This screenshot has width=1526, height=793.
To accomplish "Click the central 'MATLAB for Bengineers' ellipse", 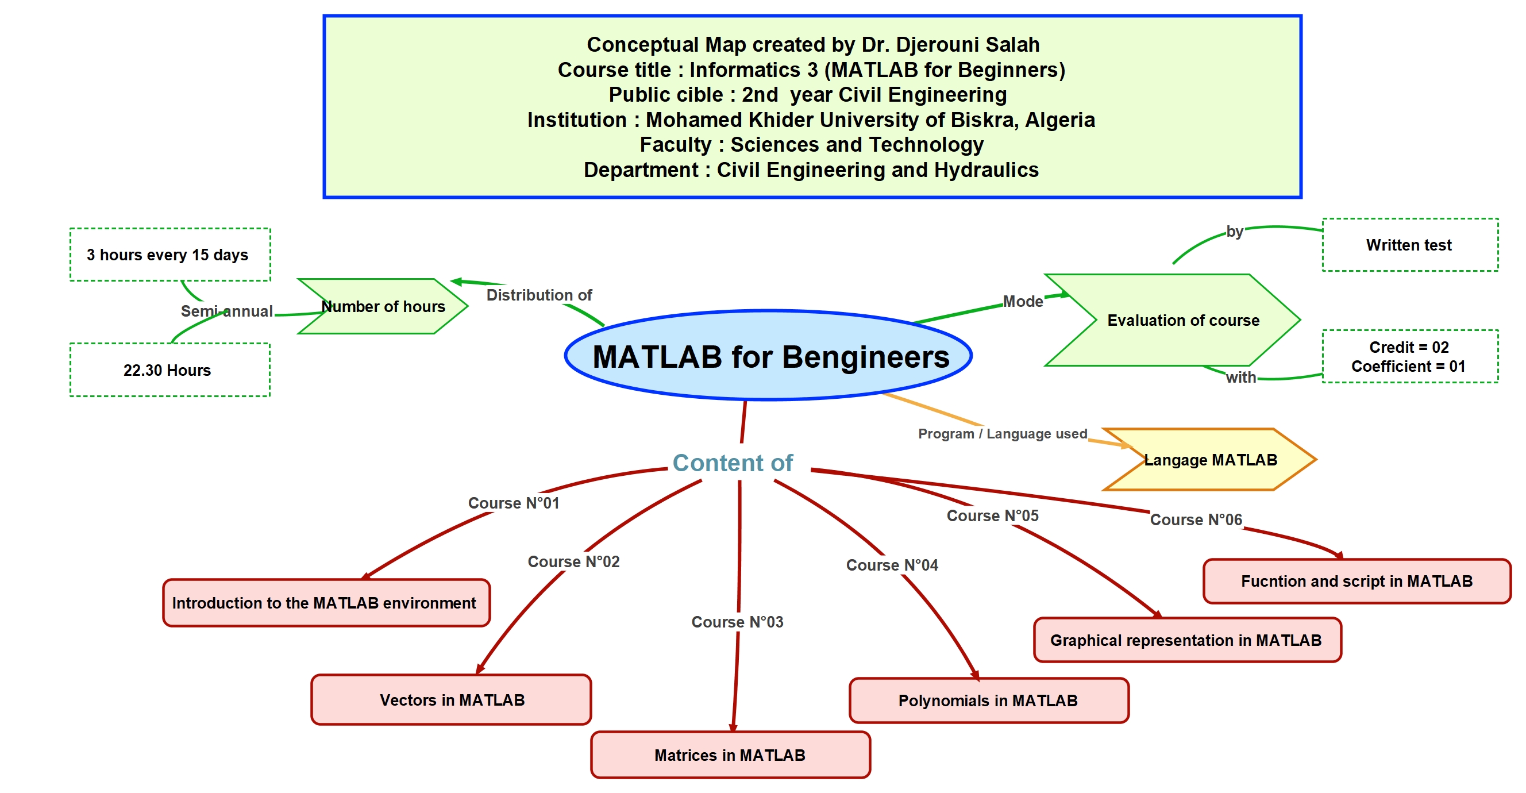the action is pos(768,355).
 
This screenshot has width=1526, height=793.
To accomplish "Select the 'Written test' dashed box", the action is pos(1410,245).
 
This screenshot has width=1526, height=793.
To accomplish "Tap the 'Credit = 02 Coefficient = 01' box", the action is pos(1410,356).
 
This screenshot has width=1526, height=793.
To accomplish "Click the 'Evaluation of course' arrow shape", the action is pos(1172,320).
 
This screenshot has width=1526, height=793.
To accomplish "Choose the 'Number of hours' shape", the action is pos(383,306).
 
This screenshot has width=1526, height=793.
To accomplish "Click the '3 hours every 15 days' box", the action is pos(170,254).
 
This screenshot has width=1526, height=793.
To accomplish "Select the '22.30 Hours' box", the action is pos(170,370).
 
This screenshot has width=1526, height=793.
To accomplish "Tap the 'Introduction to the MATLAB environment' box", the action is pos(326,603).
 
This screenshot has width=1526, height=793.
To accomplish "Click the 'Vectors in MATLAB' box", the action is pos(452,699).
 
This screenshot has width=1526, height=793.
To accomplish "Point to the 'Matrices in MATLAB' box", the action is pos(730,754).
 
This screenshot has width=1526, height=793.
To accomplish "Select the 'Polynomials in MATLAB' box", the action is pos(989,700).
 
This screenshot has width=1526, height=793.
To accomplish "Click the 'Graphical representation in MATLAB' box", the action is pos(1187,640).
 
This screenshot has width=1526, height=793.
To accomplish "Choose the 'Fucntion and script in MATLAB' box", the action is pos(1357,581).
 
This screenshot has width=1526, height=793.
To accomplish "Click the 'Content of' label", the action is pos(733,462).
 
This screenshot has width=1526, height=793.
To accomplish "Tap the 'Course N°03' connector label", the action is pos(738,622).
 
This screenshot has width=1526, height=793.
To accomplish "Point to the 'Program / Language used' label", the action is pos(1003,433).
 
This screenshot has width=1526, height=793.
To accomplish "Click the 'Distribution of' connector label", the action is pos(539,295).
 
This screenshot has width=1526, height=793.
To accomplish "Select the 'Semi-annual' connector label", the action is pos(227,310).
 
